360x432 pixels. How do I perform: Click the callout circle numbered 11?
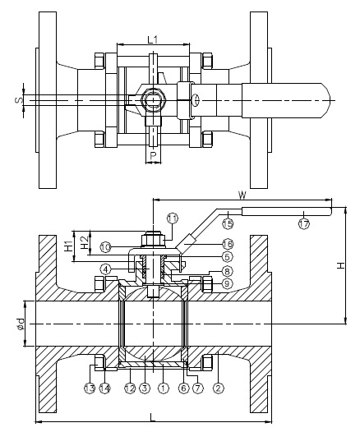(x=172, y=218)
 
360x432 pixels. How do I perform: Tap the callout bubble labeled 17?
(x=303, y=223)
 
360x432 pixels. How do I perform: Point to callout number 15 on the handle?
(x=228, y=223)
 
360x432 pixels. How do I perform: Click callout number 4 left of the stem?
(x=107, y=269)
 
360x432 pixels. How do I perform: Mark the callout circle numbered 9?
(x=228, y=283)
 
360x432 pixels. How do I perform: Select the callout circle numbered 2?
(x=219, y=388)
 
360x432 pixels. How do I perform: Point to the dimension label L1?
(x=153, y=39)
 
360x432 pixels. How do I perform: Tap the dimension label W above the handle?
(x=242, y=195)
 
